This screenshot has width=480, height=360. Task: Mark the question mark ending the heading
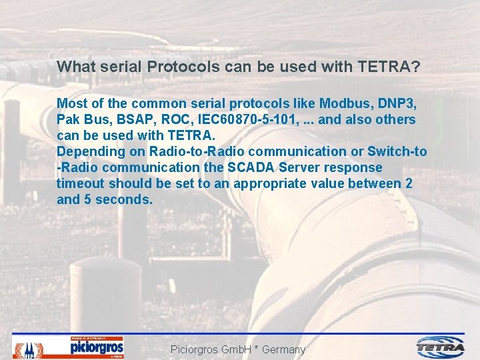pos(415,67)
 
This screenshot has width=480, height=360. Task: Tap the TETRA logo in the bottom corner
pos(441,347)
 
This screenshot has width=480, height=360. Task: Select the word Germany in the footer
pos(283,349)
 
